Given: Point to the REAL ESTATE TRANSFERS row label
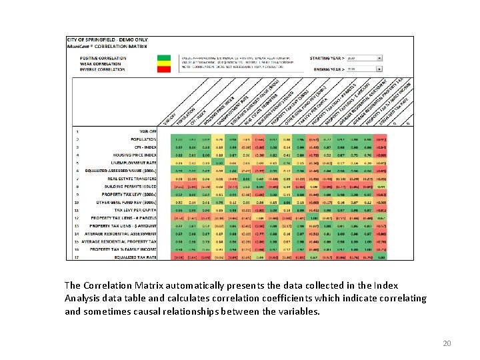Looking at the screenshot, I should pyautogui.click(x=138, y=179).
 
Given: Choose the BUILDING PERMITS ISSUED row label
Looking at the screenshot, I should pyautogui.click(x=136, y=186).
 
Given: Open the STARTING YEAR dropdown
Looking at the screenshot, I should pyautogui.click(x=379, y=58).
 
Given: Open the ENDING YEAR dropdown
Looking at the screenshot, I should pyautogui.click(x=379, y=69).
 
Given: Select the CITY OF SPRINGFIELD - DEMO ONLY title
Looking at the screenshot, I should pyautogui.click(x=99, y=39).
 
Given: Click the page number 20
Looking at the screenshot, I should pyautogui.click(x=447, y=343).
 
